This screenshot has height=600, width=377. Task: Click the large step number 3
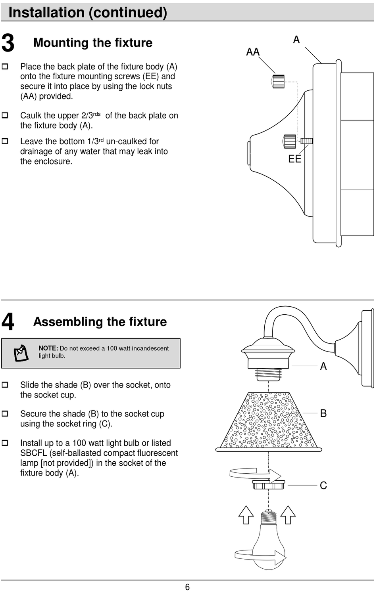coord(8,43)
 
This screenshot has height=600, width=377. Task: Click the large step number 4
coord(8,322)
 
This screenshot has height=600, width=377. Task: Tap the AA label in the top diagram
coord(253,52)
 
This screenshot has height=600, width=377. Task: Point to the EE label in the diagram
coord(294,159)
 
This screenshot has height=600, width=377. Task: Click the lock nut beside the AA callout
coord(278,81)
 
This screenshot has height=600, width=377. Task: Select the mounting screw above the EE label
coord(306,141)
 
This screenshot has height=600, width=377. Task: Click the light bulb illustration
coord(269,543)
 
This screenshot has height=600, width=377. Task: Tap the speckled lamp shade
coord(269,422)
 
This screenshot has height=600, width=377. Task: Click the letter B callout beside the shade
coord(323,413)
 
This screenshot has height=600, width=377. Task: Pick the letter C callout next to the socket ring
coord(323,485)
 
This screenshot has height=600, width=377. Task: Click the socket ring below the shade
coord(269,485)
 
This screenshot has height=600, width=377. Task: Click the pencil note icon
coord(21,353)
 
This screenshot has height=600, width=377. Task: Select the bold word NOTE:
coord(48,348)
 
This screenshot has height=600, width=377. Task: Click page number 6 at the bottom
coord(187,587)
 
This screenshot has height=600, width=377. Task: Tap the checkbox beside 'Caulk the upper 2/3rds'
coord(5,116)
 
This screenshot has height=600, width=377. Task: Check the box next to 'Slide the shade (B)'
coord(5,385)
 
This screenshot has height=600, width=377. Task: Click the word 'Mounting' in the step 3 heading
coord(57,43)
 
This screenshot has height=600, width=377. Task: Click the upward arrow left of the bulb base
coord(246,515)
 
